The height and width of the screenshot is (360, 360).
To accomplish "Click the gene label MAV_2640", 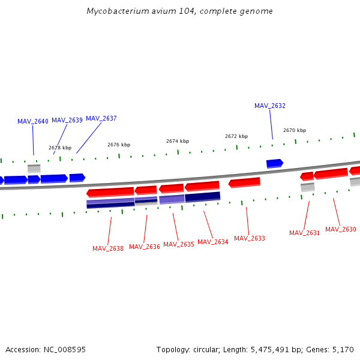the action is coord(33,121).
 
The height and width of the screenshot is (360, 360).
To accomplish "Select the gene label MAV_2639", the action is coord(67,120).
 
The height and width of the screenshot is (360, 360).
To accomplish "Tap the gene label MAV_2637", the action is coord(101,118).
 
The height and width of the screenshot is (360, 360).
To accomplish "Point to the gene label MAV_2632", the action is coord(270,106).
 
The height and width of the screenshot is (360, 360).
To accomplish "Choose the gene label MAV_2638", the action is coord(108,248).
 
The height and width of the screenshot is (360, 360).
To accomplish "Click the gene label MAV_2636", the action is coord(145,247).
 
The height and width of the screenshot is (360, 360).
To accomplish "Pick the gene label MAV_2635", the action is coord(179,244).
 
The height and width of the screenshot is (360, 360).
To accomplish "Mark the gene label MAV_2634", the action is coord(213,242).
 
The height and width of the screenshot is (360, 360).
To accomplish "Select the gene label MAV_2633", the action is coord(250,238).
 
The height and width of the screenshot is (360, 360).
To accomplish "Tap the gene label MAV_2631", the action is coord(305,233).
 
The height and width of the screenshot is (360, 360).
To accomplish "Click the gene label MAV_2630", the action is coord(341,229).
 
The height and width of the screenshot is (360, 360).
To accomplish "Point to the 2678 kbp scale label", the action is coord(60,148).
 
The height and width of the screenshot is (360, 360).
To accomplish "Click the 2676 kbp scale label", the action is coord(119,145).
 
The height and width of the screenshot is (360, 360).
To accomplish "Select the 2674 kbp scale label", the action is coord(178,141).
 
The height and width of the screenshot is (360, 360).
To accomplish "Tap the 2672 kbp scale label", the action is coord(236,136).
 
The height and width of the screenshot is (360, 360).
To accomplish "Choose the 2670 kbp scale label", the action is coord(295,130).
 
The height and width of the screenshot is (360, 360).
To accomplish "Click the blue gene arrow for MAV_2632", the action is coord(274,163).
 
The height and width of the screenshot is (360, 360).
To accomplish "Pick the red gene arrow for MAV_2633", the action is coord(244,182).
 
